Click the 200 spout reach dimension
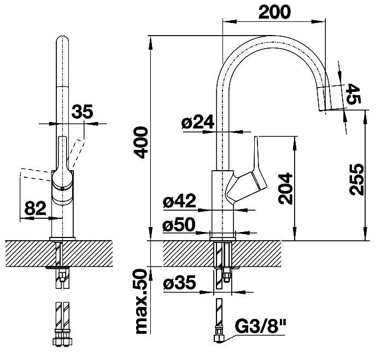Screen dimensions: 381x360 (x=274, y=12)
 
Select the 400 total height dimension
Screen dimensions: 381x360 (x=142, y=142)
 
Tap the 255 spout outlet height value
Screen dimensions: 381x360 (x=356, y=179)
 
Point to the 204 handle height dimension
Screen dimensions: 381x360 (x=285, y=189)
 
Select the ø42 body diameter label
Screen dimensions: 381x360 (x=179, y=201)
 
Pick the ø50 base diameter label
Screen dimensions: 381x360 (x=179, y=224)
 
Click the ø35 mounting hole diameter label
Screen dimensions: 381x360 (x=179, y=283)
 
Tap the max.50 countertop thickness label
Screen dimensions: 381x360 (x=142, y=301)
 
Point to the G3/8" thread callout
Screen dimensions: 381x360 (x=261, y=327)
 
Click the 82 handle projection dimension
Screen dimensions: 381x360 (x=35, y=208)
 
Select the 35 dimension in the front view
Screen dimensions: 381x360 (x=82, y=112)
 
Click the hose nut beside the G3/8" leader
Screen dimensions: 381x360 (x=219, y=338)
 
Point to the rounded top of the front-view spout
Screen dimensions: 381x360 (x=62, y=39)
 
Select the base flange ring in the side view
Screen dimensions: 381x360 (x=222, y=239)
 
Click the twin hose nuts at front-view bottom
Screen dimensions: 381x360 (x=63, y=340)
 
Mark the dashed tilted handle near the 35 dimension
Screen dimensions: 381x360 (x=76, y=154)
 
